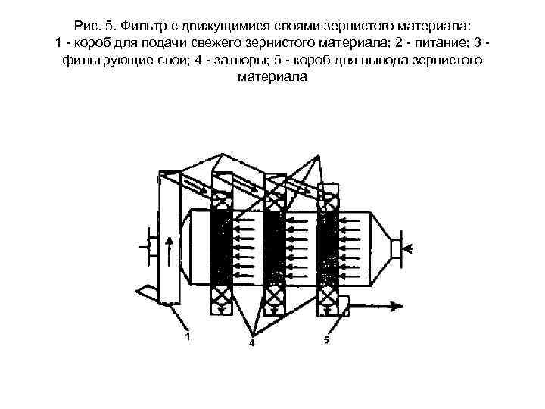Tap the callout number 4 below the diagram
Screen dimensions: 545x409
tap(252, 343)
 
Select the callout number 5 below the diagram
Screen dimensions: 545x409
tap(325, 340)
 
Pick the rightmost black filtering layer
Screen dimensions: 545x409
tap(328, 247)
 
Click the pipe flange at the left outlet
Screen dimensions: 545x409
tap(149, 248)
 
